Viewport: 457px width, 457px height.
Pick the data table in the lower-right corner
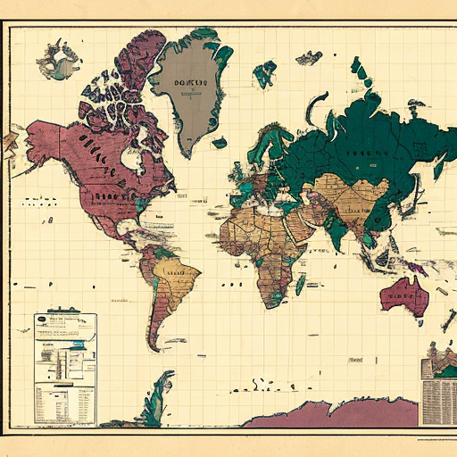pyautogui.click(x=438, y=394)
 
